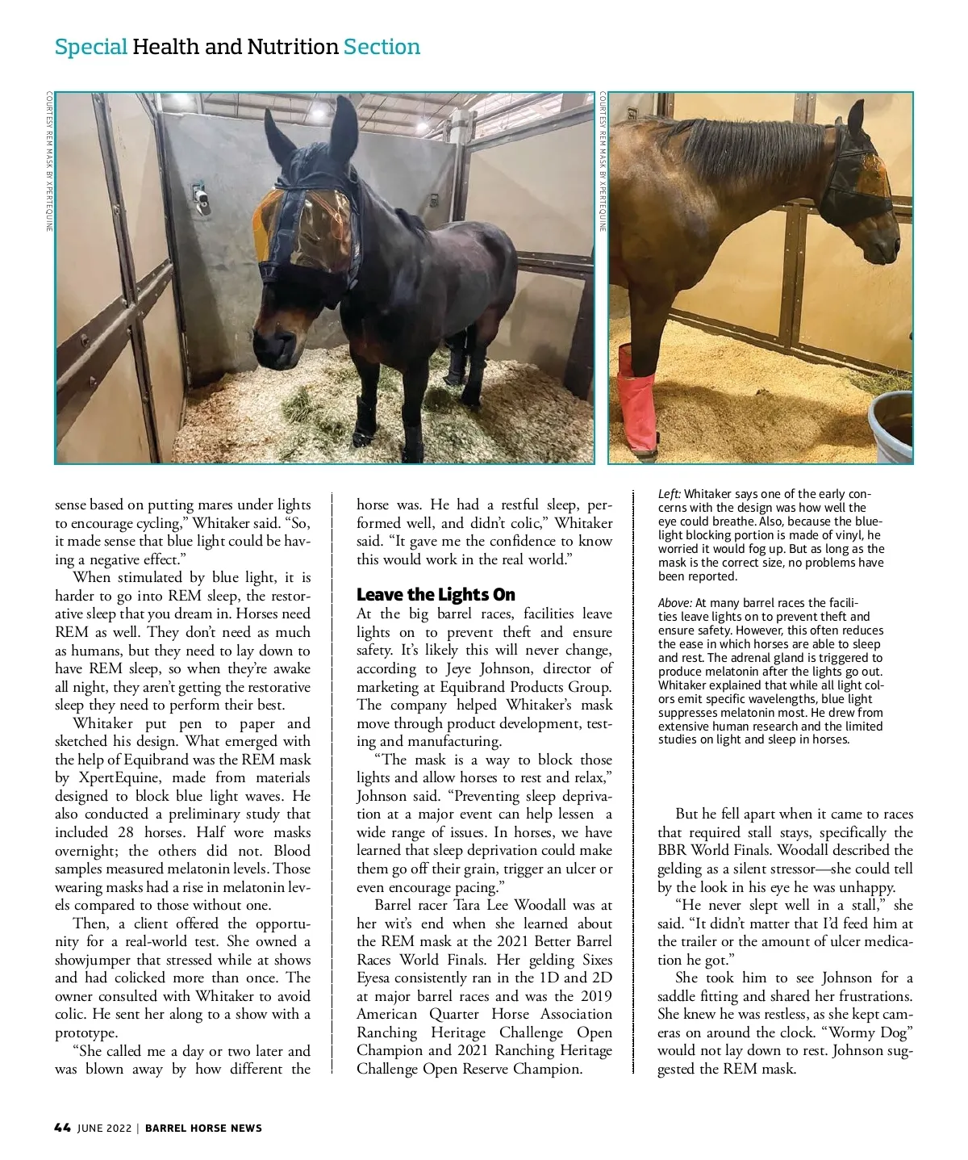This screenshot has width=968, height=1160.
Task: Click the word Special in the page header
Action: (x=90, y=47)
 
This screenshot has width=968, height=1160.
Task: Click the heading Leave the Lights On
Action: (x=436, y=595)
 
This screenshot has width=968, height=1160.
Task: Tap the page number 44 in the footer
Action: (x=62, y=1128)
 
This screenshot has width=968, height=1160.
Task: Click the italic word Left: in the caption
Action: (x=670, y=494)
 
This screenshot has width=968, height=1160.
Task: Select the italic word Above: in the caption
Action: (x=675, y=603)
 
